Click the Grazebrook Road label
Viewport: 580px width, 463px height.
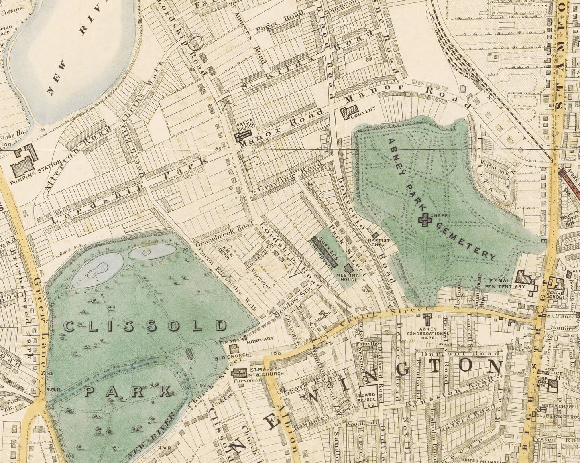click(224, 234)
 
